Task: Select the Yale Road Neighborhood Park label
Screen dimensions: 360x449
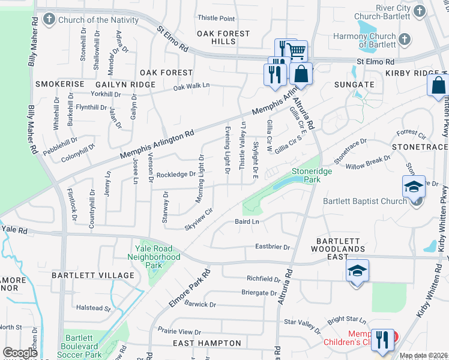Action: [154, 257]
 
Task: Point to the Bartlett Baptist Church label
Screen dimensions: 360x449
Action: [365, 201]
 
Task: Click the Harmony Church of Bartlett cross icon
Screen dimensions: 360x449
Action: [405, 40]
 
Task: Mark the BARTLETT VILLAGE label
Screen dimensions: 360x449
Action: [92, 275]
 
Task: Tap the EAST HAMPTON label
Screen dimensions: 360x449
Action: [206, 343]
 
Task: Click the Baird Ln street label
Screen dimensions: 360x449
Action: [247, 222]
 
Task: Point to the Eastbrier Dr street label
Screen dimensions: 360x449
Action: [272, 247]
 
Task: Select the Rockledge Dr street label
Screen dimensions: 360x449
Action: [176, 175]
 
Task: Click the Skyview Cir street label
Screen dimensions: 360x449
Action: [199, 219]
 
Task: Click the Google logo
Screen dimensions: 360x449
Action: [20, 353]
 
